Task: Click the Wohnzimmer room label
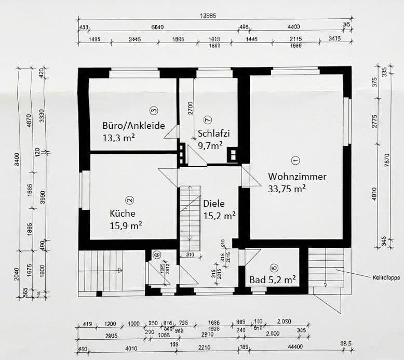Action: pos(297,177)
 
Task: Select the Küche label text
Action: pos(122,213)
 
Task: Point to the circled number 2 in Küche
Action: pos(130,199)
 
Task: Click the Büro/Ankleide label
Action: pos(133,125)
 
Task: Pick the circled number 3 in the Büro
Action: pos(153,110)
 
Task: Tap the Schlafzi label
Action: pos(213,133)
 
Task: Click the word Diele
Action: pos(214,203)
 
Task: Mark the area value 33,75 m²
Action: pos(287,189)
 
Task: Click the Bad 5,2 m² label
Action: pos(273,279)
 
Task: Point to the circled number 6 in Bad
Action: pos(274,268)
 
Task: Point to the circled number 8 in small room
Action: pos(156,255)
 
